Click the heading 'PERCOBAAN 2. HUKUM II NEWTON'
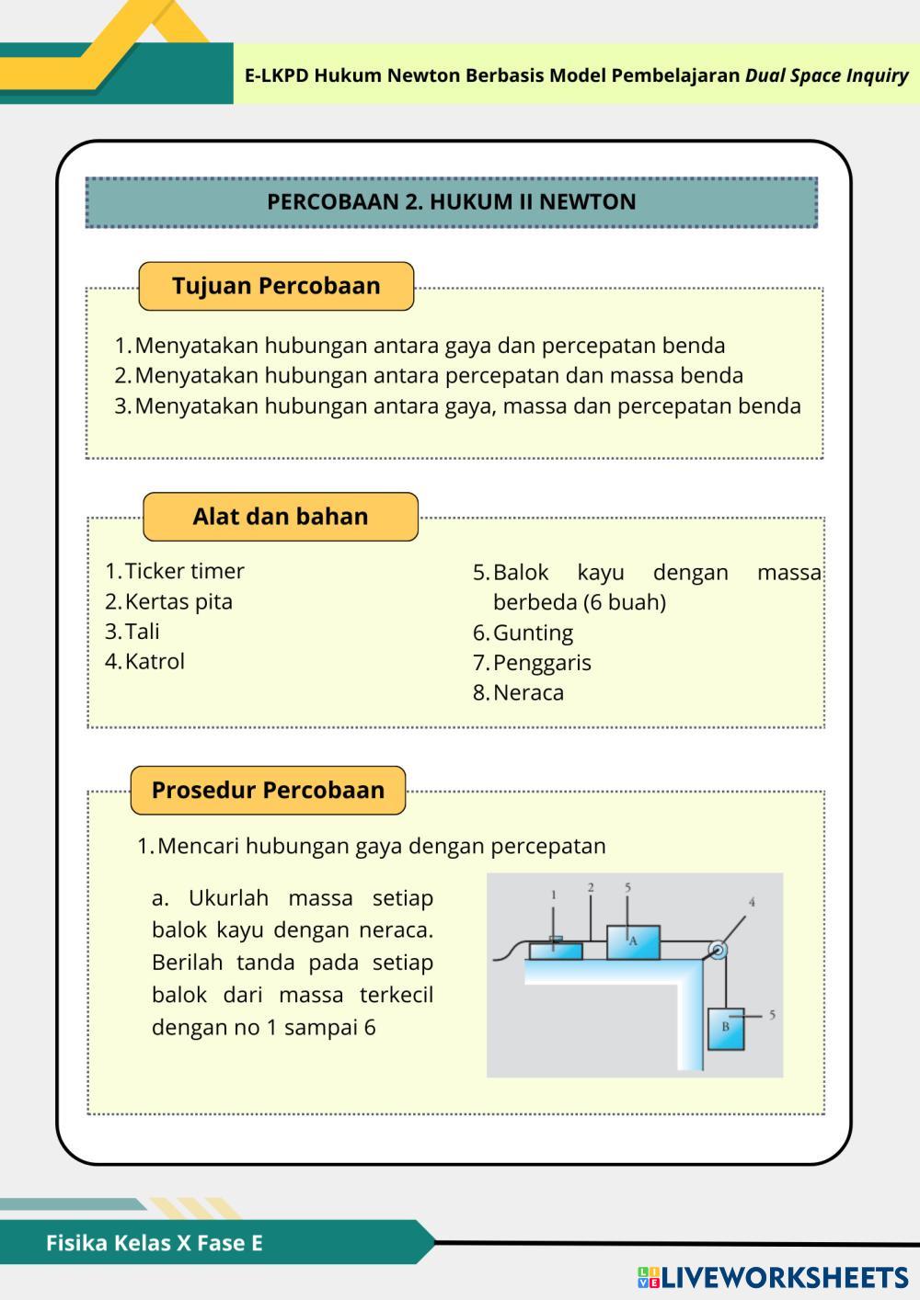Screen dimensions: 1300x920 click(451, 202)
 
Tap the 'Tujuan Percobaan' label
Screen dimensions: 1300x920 click(276, 286)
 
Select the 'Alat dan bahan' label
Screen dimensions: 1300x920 click(281, 517)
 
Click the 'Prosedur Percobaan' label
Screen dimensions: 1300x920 click(268, 791)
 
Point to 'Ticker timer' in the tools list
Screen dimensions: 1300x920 click(184, 571)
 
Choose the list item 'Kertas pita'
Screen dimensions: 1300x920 click(178, 601)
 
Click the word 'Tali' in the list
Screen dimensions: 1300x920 click(143, 632)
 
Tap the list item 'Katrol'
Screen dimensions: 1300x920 click(155, 661)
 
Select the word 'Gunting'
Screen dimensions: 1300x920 click(533, 633)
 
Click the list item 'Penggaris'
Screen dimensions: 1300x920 click(542, 663)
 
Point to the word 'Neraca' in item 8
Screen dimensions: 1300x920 click(528, 692)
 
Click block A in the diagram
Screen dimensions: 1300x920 click(633, 941)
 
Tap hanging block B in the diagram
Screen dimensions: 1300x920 click(726, 1028)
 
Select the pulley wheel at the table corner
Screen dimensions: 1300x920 click(718, 951)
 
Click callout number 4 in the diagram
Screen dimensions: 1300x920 click(752, 902)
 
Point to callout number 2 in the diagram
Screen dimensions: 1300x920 click(591, 887)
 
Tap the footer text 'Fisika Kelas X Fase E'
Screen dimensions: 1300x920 click(155, 1243)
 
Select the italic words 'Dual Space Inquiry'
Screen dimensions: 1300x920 click(826, 75)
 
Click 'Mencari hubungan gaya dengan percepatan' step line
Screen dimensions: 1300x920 click(381, 846)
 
